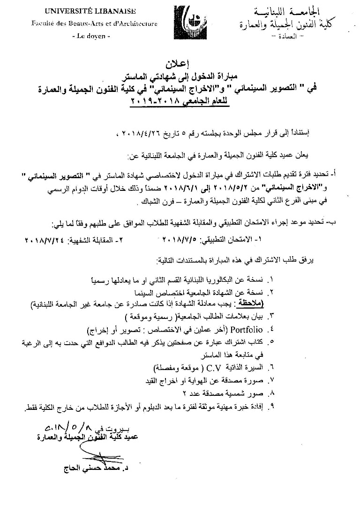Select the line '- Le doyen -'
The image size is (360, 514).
coord(94,36)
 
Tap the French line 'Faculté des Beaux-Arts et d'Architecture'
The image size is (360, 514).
coord(94,23)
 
